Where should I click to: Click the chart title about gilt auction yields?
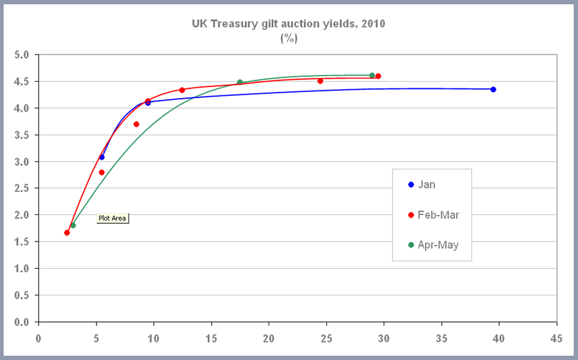pos(288,24)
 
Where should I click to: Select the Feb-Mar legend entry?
pos(438,214)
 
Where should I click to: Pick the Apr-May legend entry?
pos(438,245)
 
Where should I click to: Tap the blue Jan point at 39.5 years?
pos(493,89)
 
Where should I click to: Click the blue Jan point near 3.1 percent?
pos(102,157)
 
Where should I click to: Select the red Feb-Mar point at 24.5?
pos(320,81)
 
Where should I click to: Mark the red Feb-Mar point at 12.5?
pos(182,90)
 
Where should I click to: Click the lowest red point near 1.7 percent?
pos(67,233)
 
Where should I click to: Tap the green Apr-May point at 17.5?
pos(239,82)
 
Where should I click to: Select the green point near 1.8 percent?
pos(73,225)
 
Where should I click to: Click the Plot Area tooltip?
pos(113,218)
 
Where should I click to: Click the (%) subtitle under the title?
pos(288,38)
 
